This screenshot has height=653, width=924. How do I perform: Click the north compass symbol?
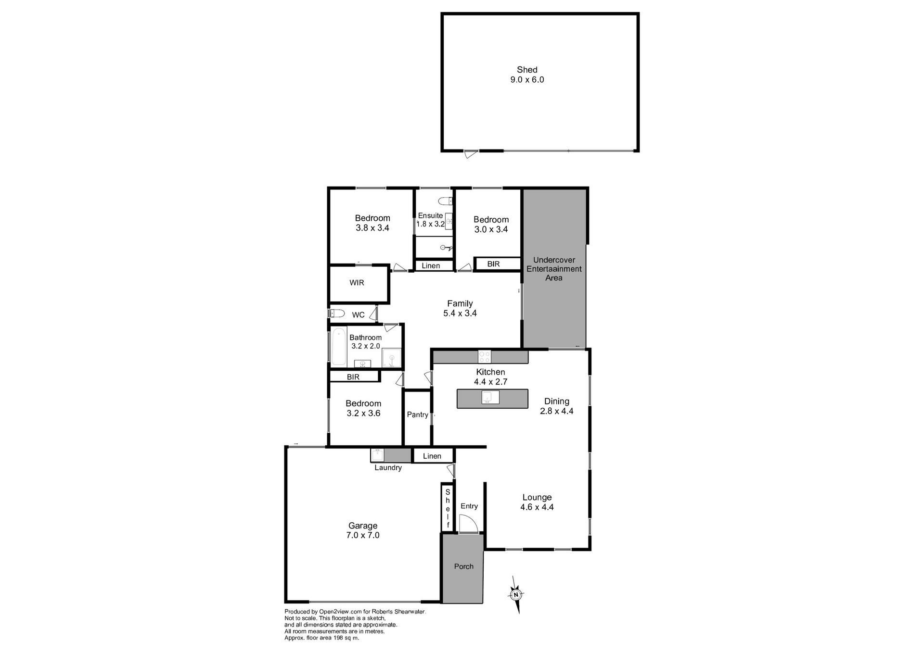pyautogui.click(x=516, y=595)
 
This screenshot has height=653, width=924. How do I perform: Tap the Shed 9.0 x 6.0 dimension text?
pyautogui.click(x=527, y=80)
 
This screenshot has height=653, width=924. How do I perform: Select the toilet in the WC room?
pyautogui.click(x=337, y=314)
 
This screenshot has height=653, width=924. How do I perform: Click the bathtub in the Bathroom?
pyautogui.click(x=338, y=345)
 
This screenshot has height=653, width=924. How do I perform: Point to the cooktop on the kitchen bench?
pyautogui.click(x=484, y=357)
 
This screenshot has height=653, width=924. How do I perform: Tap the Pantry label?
pyautogui.click(x=417, y=414)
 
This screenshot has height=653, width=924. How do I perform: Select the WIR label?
pyautogui.click(x=357, y=283)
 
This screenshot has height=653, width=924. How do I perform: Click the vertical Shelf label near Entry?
pyautogui.click(x=448, y=508)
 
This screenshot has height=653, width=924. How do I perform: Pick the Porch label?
pyautogui.click(x=464, y=566)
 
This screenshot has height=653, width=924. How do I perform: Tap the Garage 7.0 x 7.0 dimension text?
pyautogui.click(x=363, y=535)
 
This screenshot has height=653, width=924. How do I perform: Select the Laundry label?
pyautogui.click(x=388, y=467)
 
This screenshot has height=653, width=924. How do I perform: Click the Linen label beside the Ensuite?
pyautogui.click(x=431, y=266)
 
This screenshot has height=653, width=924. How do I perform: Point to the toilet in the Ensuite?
pyautogui.click(x=446, y=201)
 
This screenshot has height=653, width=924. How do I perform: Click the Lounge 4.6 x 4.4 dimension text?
pyautogui.click(x=537, y=507)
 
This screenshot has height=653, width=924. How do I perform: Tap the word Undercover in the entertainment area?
pyautogui.click(x=554, y=260)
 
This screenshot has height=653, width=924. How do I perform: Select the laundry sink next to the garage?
pyautogui.click(x=377, y=455)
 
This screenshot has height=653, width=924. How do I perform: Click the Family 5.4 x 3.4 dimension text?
pyautogui.click(x=460, y=313)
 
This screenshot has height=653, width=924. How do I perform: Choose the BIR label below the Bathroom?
pyautogui.click(x=353, y=377)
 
